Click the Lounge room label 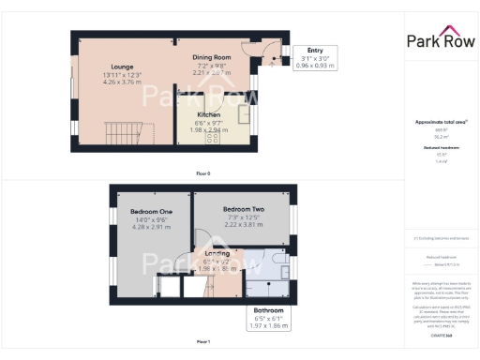[122, 67]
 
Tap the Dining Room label [212, 57]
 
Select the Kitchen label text [208, 114]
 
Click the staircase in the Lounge [126, 132]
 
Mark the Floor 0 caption [202, 173]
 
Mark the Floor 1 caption [202, 341]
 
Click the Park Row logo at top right [440, 39]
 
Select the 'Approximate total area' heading [440, 122]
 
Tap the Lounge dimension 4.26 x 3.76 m [122, 82]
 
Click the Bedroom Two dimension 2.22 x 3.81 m [244, 225]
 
